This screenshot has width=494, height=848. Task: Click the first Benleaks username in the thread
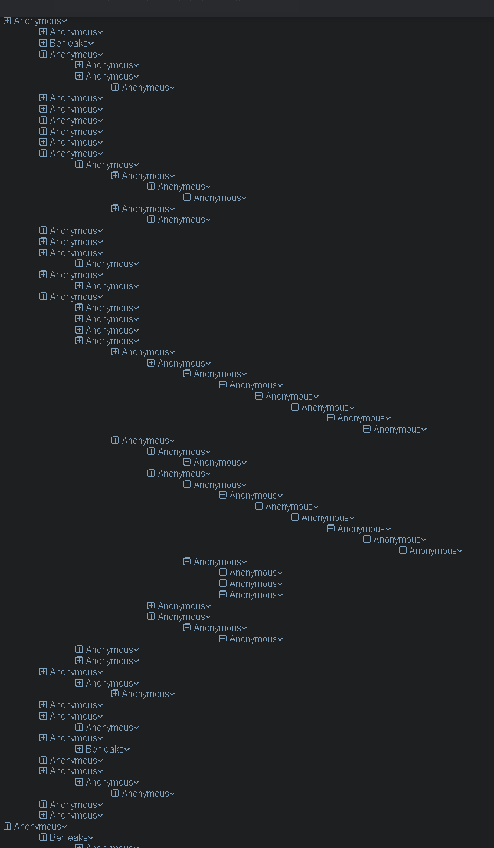pyautogui.click(x=68, y=43)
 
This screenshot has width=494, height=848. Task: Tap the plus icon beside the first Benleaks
pyautogui.click(x=43, y=43)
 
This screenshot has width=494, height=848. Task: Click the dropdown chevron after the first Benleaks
pyautogui.click(x=91, y=44)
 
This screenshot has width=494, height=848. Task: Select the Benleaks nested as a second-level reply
pyautogui.click(x=104, y=749)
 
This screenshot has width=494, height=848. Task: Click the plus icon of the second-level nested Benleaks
pyautogui.click(x=79, y=749)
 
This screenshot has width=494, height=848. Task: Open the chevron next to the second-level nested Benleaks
pyautogui.click(x=127, y=750)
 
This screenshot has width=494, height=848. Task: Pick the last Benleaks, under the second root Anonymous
pyautogui.click(x=68, y=837)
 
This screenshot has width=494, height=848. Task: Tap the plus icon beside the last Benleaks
pyautogui.click(x=43, y=837)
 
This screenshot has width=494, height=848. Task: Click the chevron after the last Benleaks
pyautogui.click(x=91, y=838)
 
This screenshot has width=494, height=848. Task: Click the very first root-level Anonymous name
pyautogui.click(x=38, y=21)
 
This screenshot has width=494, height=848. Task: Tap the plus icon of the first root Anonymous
pyautogui.click(x=7, y=21)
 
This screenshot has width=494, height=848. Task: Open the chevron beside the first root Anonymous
pyautogui.click(x=65, y=22)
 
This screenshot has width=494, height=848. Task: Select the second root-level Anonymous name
pyautogui.click(x=38, y=827)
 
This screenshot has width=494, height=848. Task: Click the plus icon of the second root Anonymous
pyautogui.click(x=7, y=826)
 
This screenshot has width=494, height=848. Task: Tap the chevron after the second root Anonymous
pyautogui.click(x=65, y=827)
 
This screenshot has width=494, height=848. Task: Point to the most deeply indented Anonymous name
pyautogui.click(x=433, y=551)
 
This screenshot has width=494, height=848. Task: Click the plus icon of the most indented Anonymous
pyautogui.click(x=403, y=550)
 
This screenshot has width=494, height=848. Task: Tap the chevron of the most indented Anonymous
pyautogui.click(x=460, y=552)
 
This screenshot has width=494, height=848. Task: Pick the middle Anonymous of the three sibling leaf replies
pyautogui.click(x=253, y=584)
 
